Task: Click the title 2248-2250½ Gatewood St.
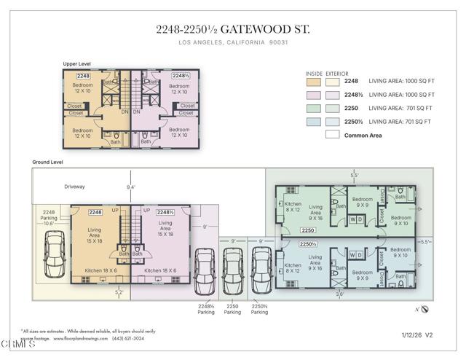tap(232, 29)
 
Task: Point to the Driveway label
tap(74, 186)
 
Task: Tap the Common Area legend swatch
tap(332, 134)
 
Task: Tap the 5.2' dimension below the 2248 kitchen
tap(119, 291)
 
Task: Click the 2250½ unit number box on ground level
tap(308, 243)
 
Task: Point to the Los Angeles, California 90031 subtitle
tap(232, 42)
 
